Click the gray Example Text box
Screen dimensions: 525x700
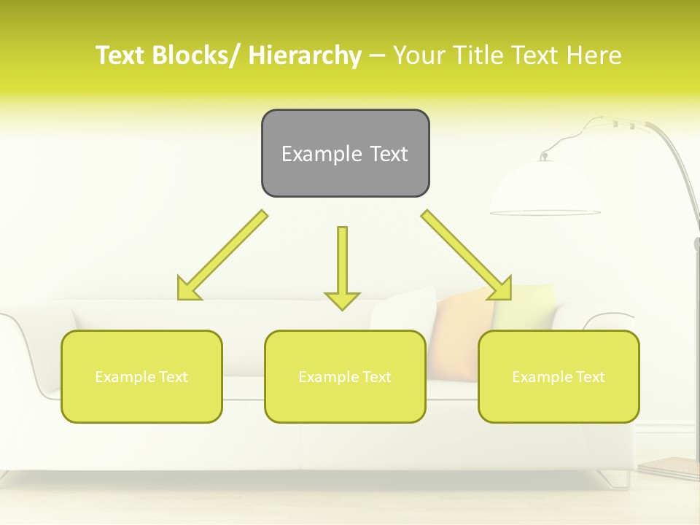click(345, 153)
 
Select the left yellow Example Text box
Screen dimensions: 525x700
click(141, 376)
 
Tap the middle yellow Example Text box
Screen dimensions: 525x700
click(345, 376)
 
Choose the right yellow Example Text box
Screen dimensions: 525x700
click(559, 376)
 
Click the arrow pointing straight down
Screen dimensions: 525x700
click(342, 266)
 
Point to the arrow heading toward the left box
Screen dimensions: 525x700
click(222, 255)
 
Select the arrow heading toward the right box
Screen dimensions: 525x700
click(467, 255)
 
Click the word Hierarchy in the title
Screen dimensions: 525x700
click(305, 55)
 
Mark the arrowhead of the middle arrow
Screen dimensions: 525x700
click(342, 300)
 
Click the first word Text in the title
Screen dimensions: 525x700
click(118, 55)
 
